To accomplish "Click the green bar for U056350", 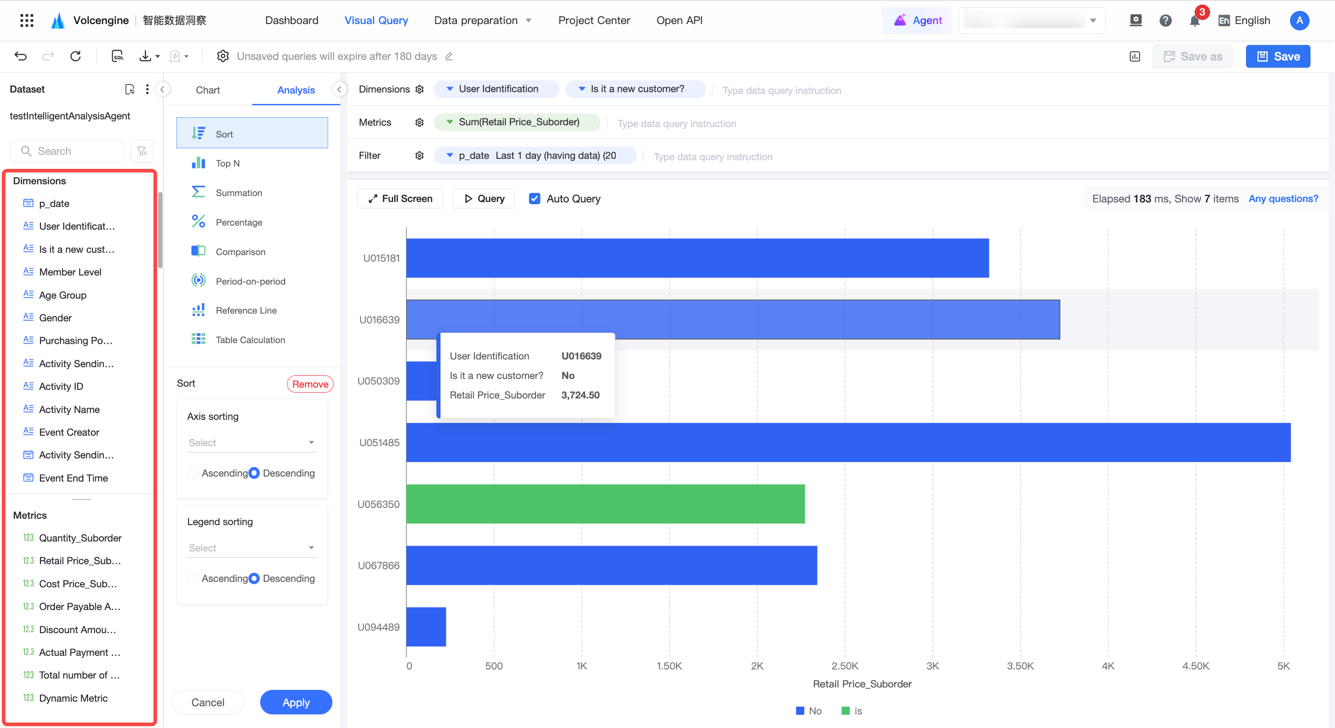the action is click(x=605, y=504).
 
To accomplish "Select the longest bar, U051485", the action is click(x=848, y=442).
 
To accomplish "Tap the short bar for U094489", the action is click(x=426, y=626).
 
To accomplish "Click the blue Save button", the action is click(x=1277, y=56).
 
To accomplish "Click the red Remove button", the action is click(x=310, y=384).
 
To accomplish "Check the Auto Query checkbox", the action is click(x=534, y=198).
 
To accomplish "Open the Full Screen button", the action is click(x=400, y=198).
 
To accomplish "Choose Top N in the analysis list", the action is click(x=227, y=163).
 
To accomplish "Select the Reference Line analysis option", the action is click(x=246, y=310).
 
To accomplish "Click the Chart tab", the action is click(x=208, y=90).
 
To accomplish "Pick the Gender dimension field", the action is click(x=55, y=318).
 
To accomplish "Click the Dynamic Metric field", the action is click(x=73, y=698).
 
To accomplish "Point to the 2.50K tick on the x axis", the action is click(x=845, y=666).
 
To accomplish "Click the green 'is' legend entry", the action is click(x=851, y=710).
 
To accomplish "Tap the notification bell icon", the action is click(x=1194, y=21).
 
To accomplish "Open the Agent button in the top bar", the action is click(x=917, y=20).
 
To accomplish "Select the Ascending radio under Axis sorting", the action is click(x=193, y=472).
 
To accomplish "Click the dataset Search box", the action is click(x=67, y=151).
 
